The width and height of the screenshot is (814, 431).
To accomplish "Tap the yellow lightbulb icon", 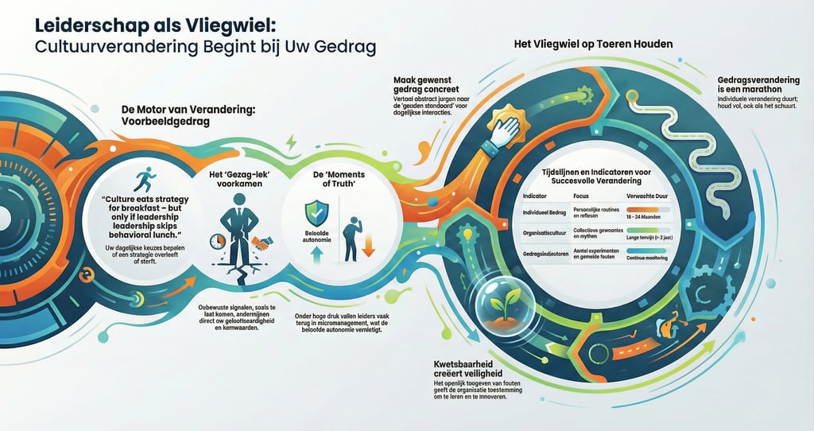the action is pyautogui.click(x=469, y=236).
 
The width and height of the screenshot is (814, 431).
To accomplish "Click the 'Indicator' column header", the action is pyautogui.click(x=536, y=195).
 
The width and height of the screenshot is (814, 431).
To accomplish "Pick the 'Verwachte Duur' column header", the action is pyautogui.click(x=647, y=195).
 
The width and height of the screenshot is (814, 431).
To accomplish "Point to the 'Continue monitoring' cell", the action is pyautogui.click(x=648, y=258).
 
